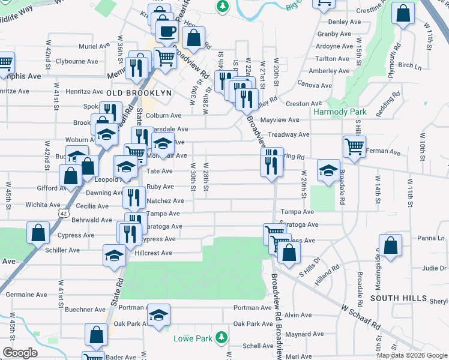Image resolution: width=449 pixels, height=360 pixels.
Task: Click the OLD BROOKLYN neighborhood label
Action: [139, 94]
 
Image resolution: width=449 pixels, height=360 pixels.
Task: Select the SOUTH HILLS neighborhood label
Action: [393, 298]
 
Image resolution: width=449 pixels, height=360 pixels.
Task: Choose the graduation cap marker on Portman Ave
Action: [158, 315]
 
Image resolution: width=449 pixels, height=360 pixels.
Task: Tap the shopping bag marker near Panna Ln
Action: [390, 246]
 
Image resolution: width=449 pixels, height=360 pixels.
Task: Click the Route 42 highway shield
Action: [64, 212]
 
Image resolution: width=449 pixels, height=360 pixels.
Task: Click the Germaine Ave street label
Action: [25, 295]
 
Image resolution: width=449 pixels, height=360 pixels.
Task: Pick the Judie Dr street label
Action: [435, 268]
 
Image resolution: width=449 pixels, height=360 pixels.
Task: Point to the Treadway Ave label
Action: [288, 135]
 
